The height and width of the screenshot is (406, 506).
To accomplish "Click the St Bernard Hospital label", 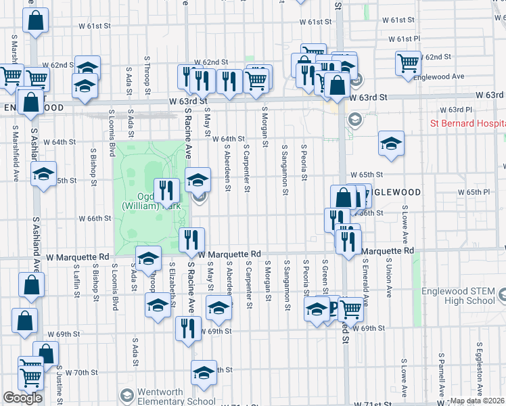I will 467,124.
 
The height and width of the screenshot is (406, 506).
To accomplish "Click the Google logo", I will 22,398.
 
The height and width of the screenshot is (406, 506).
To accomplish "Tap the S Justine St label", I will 60,382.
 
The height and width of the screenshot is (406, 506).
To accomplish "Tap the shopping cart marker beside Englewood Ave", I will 409,63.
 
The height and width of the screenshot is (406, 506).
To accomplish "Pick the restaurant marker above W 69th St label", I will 187,328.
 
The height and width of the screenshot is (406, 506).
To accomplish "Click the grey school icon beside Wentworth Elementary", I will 126,395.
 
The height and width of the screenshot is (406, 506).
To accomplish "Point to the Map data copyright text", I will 477,401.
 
